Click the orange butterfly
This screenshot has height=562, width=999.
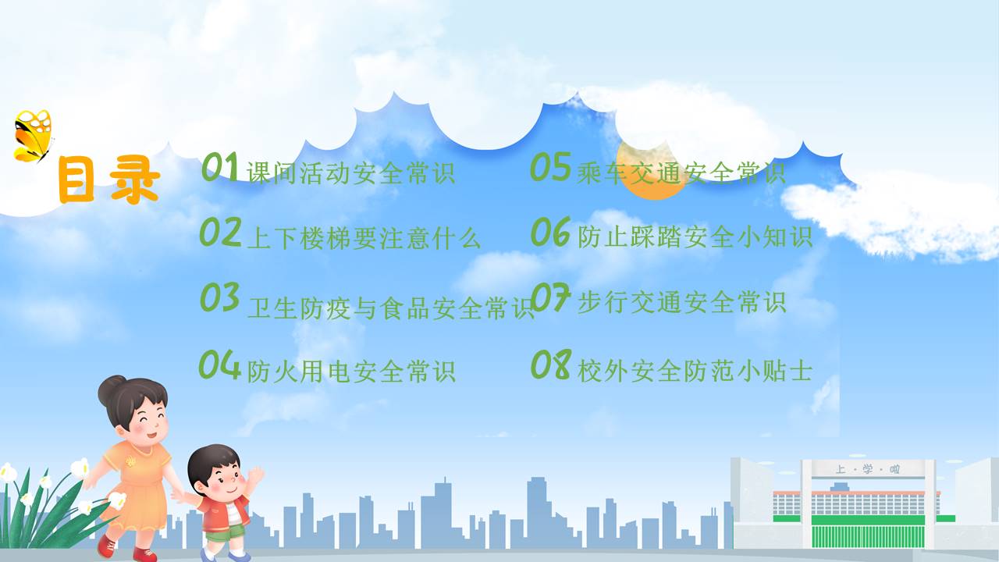[33, 136]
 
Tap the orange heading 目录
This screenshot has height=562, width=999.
[108, 180]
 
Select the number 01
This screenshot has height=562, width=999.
[220, 167]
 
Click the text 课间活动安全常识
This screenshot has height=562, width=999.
[350, 173]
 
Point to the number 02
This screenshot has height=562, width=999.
[220, 232]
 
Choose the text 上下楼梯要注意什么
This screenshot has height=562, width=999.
[364, 238]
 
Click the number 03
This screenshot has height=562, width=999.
[220, 297]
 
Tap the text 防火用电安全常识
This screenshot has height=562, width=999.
[351, 371]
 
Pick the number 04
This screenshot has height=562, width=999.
[219, 365]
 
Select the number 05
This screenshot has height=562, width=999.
[550, 166]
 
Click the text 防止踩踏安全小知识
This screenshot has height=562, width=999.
[695, 237]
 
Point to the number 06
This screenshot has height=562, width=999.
[551, 232]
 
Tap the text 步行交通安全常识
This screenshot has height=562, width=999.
[681, 302]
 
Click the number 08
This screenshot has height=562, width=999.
[551, 365]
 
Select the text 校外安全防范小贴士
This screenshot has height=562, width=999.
[695, 371]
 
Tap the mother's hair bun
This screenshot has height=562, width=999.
[110, 389]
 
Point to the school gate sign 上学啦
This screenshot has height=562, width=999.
[868, 469]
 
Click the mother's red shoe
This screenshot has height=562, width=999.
[106, 545]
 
